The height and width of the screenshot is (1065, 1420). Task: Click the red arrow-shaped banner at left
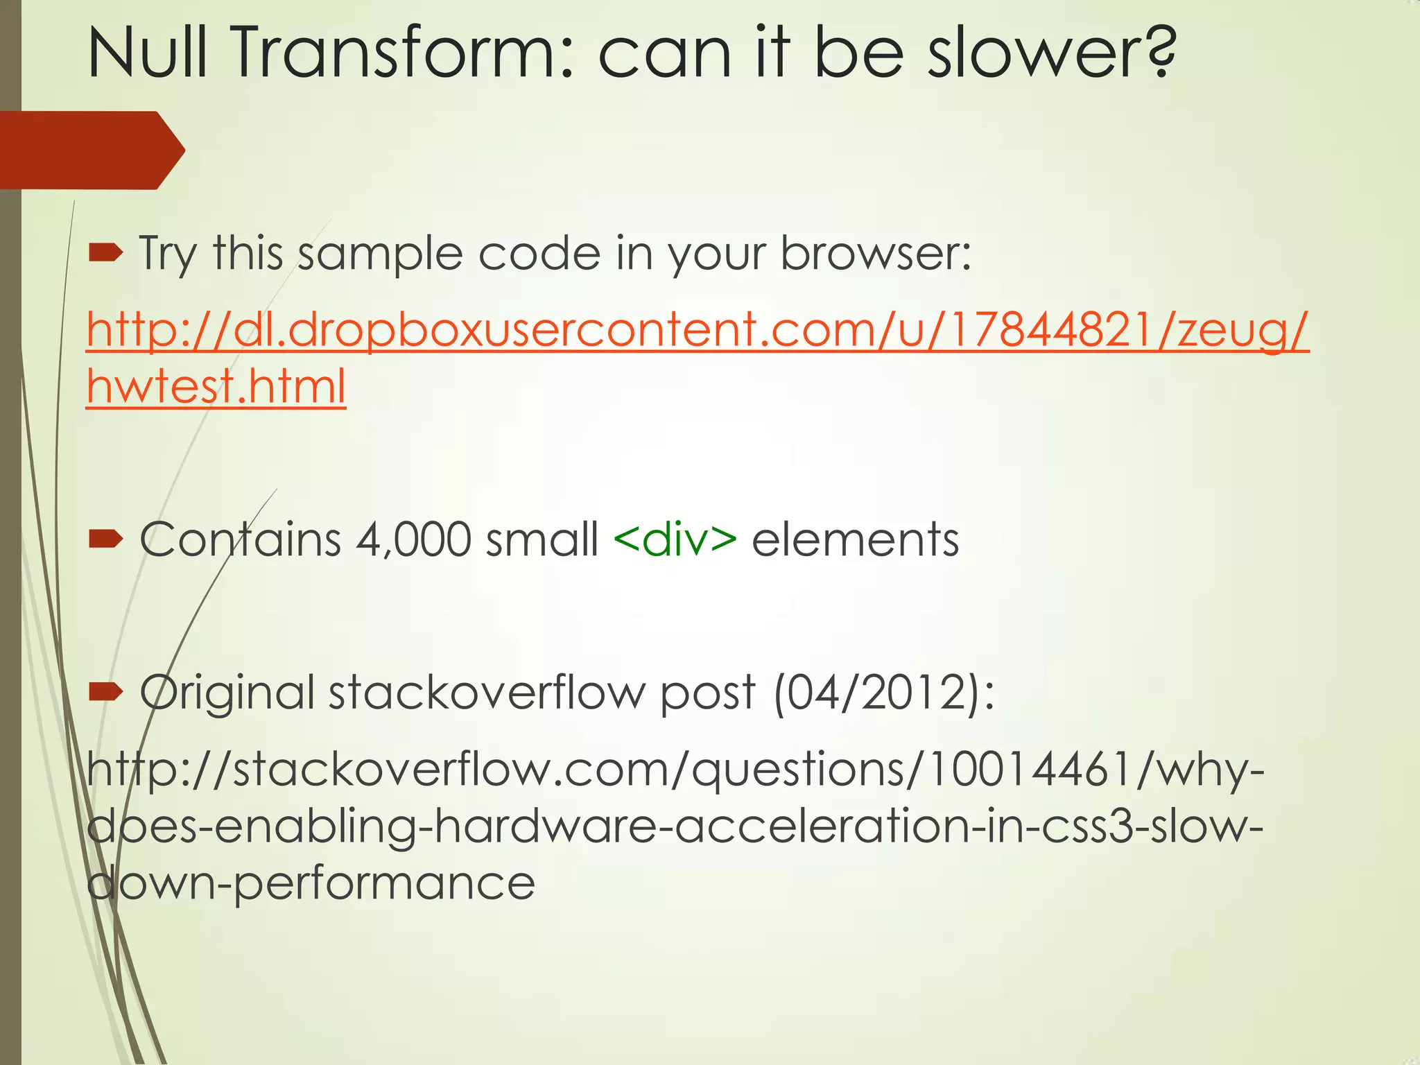pyautogui.click(x=90, y=150)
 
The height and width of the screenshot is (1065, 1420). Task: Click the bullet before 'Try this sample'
pyautogui.click(x=105, y=254)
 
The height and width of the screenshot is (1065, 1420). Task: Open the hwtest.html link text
pyautogui.click(x=216, y=387)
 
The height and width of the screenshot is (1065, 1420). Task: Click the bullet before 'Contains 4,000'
pyautogui.click(x=105, y=539)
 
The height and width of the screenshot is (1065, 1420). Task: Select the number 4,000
pyautogui.click(x=413, y=540)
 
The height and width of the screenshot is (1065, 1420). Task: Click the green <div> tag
pyautogui.click(x=675, y=540)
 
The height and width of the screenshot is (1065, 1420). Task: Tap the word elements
pyautogui.click(x=855, y=540)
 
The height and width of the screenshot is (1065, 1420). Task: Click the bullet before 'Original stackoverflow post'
pyautogui.click(x=105, y=691)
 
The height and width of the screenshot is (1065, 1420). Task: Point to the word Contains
pyautogui.click(x=241, y=540)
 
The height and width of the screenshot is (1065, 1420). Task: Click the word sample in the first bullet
pyautogui.click(x=380, y=254)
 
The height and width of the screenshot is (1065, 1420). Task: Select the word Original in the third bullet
pyautogui.click(x=227, y=693)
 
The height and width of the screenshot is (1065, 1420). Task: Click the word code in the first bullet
pyautogui.click(x=539, y=254)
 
